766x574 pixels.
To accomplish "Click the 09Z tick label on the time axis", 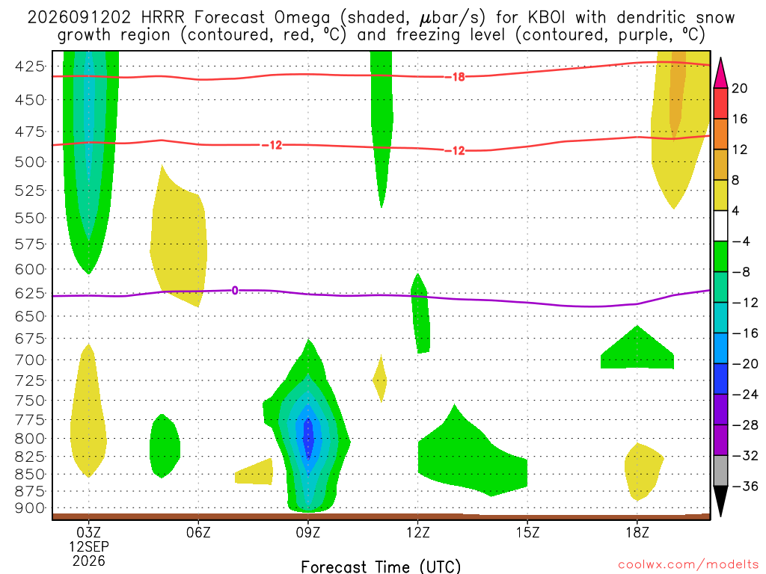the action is tap(307, 532).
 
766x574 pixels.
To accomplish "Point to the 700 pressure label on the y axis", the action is tap(30, 360).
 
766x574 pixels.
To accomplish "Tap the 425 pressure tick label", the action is tap(30, 66).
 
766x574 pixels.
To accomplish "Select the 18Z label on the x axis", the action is tap(637, 532).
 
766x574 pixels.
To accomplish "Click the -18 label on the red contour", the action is tap(455, 77).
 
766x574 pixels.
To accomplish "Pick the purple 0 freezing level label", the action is tap(235, 291).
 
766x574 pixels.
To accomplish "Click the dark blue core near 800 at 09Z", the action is tap(307, 438).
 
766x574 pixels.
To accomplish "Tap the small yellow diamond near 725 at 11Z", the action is tap(380, 379).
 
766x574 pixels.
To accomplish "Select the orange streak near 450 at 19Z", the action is tap(676, 93).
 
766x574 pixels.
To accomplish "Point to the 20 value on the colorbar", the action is tap(739, 88).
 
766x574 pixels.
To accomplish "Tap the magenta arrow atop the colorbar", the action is tap(720, 74).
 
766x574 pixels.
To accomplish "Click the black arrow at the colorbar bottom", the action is tap(720, 500).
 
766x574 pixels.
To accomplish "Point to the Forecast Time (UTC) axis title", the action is tap(381, 567).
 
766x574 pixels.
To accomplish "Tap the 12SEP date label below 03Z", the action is tap(88, 546).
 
